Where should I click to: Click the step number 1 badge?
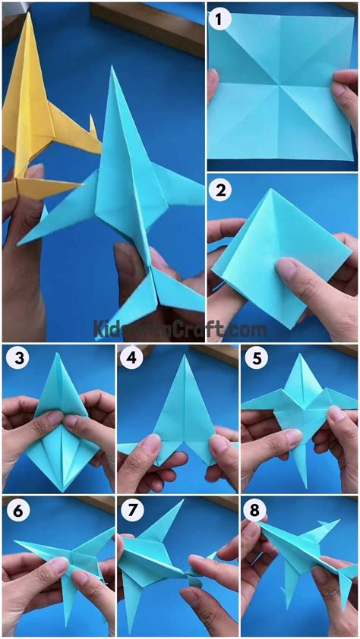click(x=222, y=21)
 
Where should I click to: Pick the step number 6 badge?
click(x=17, y=512)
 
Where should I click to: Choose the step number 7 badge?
click(x=132, y=512)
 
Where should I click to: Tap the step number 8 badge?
click(x=255, y=512)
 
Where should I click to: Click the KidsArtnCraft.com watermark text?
click(x=179, y=329)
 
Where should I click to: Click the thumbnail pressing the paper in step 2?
click(x=287, y=267)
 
